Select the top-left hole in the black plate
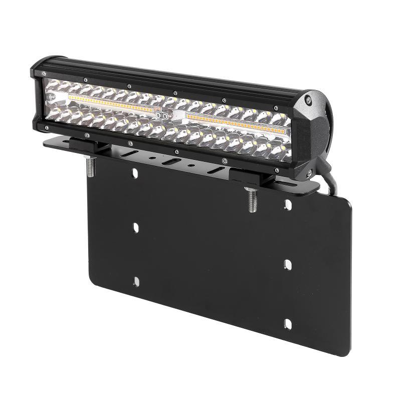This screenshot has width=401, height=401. (134, 174)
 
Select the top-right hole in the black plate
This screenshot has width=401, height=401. (288, 204)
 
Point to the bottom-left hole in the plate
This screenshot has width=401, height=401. (135, 280)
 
